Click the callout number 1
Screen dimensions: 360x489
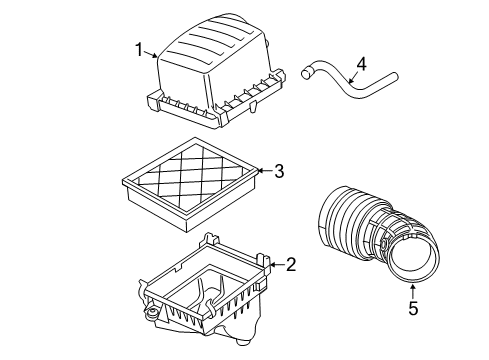pos(141,47)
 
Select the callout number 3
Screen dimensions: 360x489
pos(279,172)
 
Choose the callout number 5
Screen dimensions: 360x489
pos(413,309)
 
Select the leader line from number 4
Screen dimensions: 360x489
pos(352,72)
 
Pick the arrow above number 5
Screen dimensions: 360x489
pos(413,290)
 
